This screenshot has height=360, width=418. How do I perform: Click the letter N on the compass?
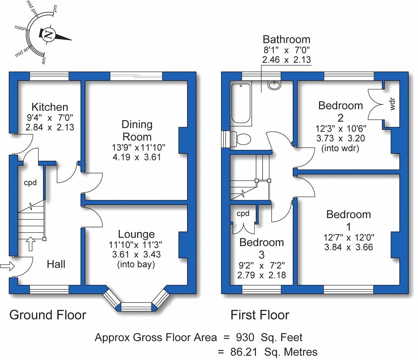48,35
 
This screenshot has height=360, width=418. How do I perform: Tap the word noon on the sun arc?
20,28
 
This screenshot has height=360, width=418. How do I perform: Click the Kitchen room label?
50,107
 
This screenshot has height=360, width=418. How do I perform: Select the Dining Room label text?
137,130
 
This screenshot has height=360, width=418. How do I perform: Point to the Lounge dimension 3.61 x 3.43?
136,254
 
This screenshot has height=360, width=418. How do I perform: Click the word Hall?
56,264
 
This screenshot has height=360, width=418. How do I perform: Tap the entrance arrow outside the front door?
7,266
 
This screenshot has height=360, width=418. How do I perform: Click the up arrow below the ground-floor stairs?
30,244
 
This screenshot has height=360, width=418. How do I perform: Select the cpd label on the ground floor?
30,183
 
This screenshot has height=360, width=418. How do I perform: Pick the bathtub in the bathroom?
241,103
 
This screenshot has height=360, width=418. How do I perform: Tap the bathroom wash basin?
274,84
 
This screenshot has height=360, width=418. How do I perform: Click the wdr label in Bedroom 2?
392,104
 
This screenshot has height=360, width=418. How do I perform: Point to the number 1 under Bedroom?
348,227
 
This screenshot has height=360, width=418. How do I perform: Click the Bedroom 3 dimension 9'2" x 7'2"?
262,265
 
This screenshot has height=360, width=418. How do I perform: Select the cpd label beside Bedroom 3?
243,214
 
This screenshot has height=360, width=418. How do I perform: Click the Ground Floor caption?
48,315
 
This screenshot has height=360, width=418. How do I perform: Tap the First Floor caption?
260,315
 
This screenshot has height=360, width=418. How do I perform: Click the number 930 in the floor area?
245,337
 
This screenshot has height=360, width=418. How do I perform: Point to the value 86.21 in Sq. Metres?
244,352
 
